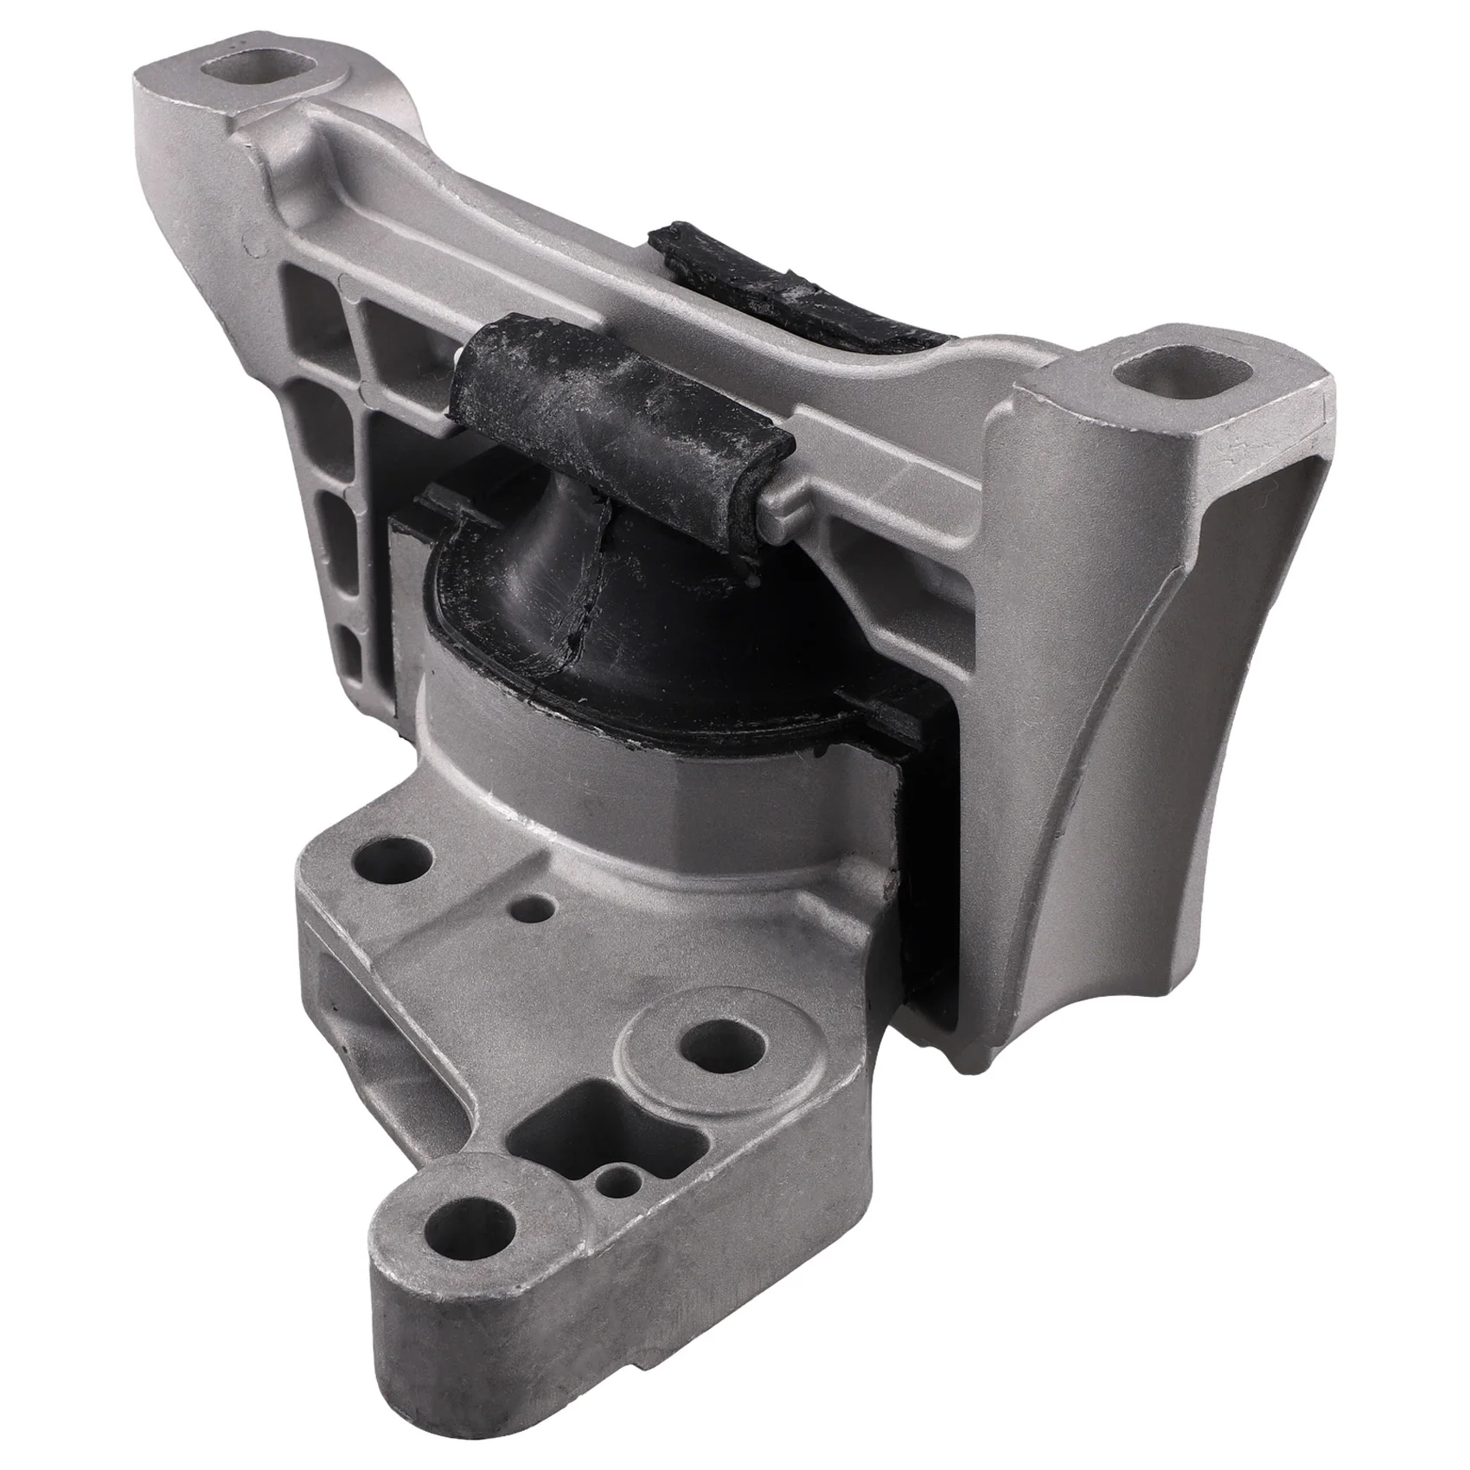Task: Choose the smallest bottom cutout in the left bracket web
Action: click(x=350, y=644)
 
